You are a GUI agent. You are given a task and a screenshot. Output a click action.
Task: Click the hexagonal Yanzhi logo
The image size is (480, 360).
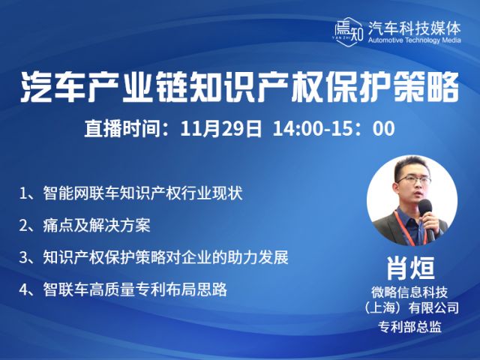(x=349, y=31)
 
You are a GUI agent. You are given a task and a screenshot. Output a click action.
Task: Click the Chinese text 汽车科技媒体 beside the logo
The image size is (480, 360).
(x=414, y=28)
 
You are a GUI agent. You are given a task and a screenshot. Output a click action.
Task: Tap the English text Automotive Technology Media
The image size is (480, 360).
(x=415, y=40)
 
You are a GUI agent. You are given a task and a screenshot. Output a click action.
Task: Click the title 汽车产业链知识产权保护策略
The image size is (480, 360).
(x=240, y=87)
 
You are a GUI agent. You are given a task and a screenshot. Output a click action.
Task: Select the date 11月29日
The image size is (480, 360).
(x=221, y=128)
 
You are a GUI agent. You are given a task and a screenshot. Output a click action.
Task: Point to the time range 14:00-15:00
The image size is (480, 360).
(x=334, y=128)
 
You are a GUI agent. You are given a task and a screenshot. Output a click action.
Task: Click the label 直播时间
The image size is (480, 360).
(x=122, y=128)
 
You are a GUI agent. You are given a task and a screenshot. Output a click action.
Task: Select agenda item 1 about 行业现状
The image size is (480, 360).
(x=131, y=193)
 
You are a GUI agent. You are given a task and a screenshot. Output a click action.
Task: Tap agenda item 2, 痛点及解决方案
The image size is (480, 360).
(x=85, y=226)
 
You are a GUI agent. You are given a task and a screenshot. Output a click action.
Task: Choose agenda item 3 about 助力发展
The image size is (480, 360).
(x=154, y=257)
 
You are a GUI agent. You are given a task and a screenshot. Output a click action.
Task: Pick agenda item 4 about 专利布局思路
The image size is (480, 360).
(x=123, y=289)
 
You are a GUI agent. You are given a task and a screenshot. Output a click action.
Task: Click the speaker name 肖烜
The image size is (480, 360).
(x=410, y=268)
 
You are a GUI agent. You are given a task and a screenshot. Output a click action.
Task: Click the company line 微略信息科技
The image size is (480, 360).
(x=409, y=292)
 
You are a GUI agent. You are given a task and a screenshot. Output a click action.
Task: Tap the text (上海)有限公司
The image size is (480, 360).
(x=409, y=308)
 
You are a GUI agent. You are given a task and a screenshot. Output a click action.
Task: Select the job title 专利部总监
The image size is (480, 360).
(x=409, y=327)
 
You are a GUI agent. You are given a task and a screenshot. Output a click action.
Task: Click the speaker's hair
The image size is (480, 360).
(x=411, y=166)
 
